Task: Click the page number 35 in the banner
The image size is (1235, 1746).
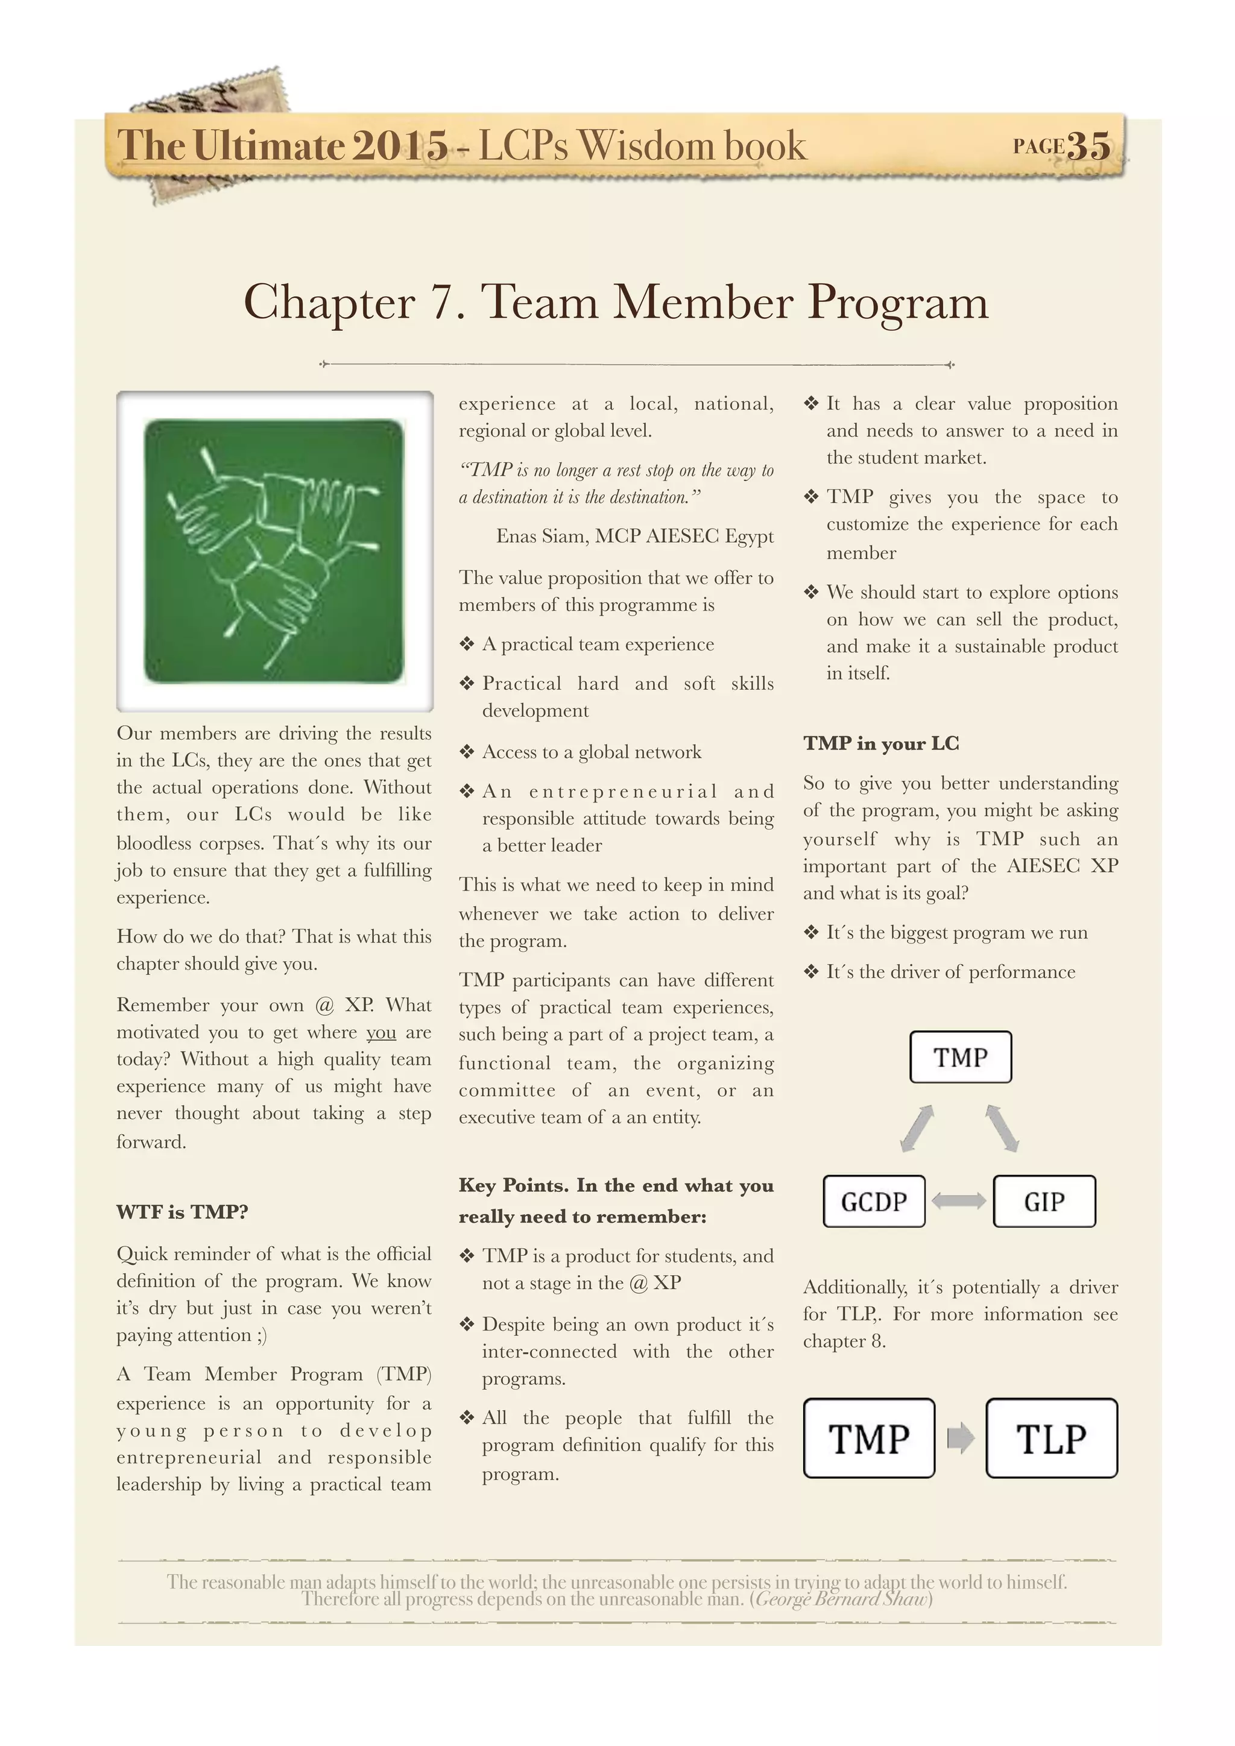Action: [x=1088, y=145]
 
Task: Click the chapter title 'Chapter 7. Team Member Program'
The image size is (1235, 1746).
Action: [x=616, y=302]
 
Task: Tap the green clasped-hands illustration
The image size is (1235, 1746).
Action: [x=274, y=550]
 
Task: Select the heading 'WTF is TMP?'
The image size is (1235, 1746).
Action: [x=183, y=1211]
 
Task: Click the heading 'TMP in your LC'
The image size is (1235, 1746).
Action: [x=880, y=743]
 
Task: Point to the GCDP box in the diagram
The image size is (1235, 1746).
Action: [x=874, y=1202]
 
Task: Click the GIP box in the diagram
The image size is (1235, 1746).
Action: [x=1044, y=1202]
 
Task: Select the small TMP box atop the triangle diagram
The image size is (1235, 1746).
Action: [x=961, y=1057]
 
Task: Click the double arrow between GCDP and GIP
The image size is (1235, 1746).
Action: [x=959, y=1202]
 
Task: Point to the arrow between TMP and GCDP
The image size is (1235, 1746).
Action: [x=917, y=1129]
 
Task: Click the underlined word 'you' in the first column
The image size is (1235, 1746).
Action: [x=381, y=1033]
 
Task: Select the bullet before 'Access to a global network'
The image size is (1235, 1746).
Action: [x=467, y=752]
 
